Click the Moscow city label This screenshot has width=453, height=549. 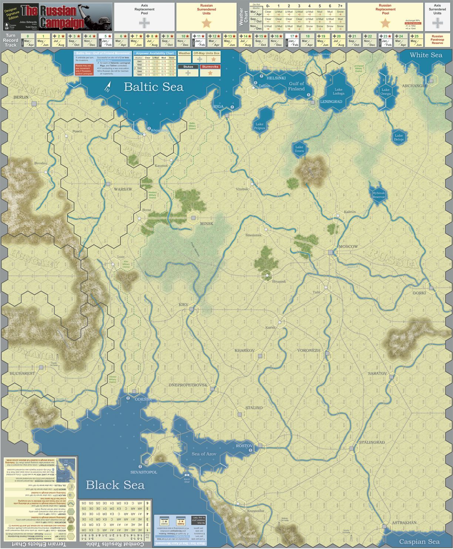[348, 247]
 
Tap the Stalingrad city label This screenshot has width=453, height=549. [372, 442]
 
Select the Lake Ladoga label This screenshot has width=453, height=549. [338, 91]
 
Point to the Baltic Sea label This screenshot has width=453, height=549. [154, 87]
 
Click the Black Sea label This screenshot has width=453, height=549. [113, 485]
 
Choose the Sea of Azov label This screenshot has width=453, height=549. [204, 454]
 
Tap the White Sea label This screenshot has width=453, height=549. [426, 55]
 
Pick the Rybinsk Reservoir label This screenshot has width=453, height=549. [379, 195]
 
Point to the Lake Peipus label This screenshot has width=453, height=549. [259, 126]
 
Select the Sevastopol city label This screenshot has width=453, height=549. [144, 472]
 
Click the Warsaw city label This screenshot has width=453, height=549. [123, 189]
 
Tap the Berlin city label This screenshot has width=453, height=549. [21, 97]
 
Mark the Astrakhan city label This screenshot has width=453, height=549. [404, 523]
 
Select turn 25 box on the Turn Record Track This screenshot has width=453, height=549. [416, 40]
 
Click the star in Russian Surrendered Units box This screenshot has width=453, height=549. [207, 23]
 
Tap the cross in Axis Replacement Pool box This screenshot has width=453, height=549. [144, 23]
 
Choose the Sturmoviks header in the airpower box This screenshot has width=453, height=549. [210, 67]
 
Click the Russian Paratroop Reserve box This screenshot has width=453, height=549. [437, 40]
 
